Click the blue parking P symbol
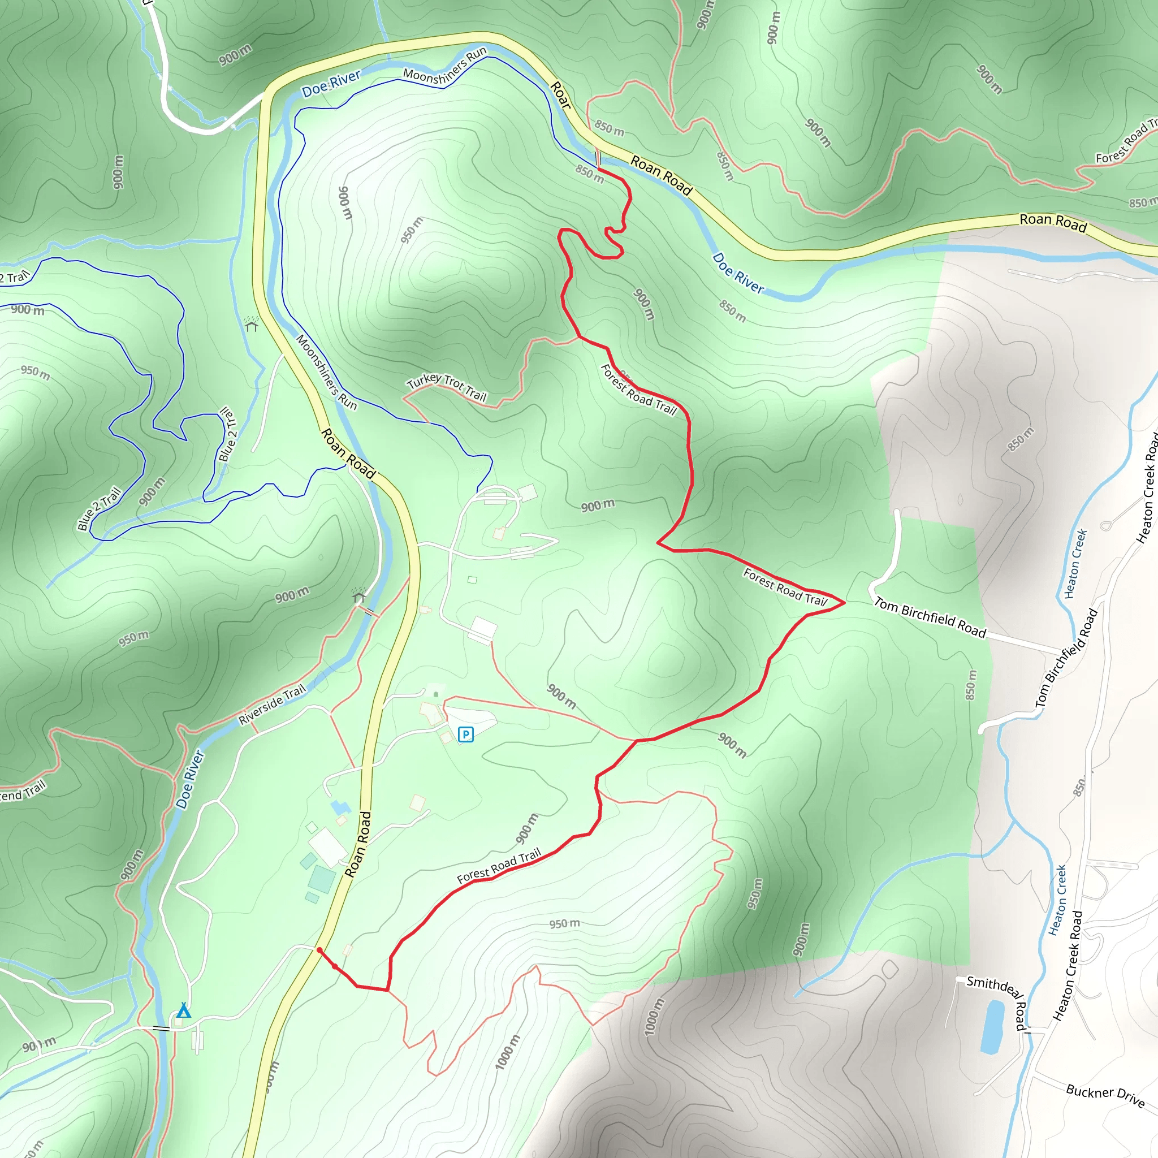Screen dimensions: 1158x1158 click(x=466, y=734)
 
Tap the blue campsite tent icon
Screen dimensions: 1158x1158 click(x=183, y=1010)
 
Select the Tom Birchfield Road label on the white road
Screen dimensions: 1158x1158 click(x=930, y=617)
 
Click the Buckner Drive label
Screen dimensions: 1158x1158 click(x=1105, y=1095)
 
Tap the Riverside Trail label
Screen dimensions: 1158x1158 click(x=272, y=705)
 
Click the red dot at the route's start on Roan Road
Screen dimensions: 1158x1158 click(x=319, y=950)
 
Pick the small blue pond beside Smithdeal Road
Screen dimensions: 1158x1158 click(x=992, y=1027)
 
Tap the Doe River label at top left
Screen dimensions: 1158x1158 click(x=331, y=83)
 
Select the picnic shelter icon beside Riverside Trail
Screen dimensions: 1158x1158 click(x=359, y=597)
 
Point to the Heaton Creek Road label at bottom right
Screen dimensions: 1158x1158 click(x=1068, y=965)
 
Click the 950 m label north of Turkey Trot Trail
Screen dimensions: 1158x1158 click(x=412, y=230)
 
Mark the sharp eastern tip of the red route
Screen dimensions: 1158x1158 click(x=844, y=602)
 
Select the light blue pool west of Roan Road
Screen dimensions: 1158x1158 click(x=340, y=807)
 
